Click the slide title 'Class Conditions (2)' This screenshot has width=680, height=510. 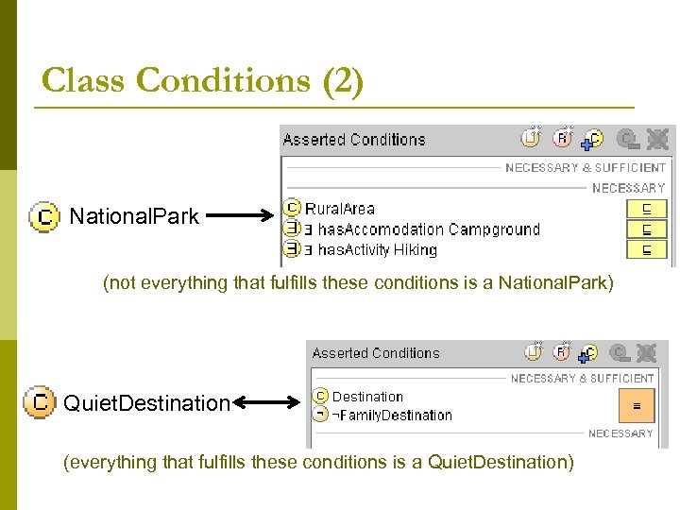[202, 81]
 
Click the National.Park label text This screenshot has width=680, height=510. [134, 216]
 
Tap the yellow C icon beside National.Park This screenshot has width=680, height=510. [43, 217]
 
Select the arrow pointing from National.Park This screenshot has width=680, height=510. [240, 217]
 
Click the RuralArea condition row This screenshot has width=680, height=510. [339, 209]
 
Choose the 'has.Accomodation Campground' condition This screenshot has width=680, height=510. [428, 229]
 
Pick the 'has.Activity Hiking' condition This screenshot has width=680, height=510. [377, 250]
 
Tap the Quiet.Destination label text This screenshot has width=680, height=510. [146, 404]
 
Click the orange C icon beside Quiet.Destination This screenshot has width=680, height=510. [39, 402]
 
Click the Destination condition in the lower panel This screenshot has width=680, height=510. [366, 397]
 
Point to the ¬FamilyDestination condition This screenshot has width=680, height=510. [391, 416]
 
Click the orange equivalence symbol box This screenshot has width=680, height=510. [636, 405]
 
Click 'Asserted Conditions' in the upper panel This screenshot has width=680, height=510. [354, 140]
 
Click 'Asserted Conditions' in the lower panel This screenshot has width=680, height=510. [376, 353]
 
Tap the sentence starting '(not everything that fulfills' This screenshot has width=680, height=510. [358, 282]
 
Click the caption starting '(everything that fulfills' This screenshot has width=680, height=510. [317, 463]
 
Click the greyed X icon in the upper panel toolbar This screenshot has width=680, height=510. [657, 140]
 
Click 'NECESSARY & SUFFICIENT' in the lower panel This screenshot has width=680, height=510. [582, 378]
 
